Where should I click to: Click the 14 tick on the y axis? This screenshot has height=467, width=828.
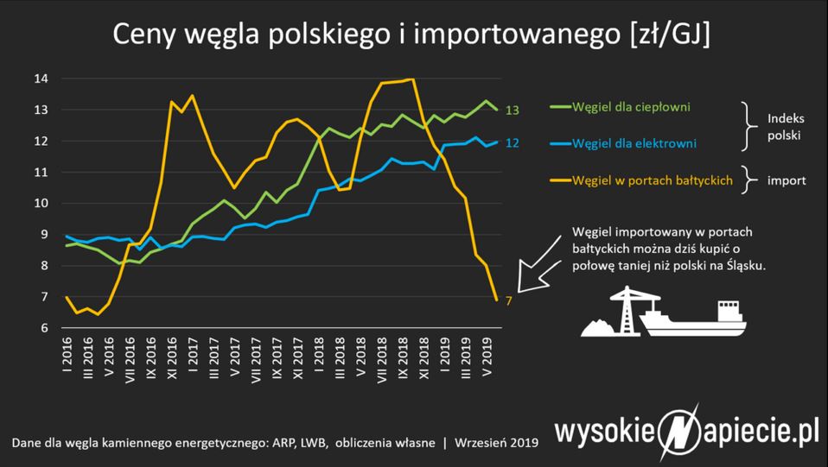pos(41,79)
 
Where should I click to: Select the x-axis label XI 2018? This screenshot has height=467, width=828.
pos(424,360)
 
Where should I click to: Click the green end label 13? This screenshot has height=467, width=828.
pos(512,110)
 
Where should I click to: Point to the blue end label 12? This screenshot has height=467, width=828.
pos(512,142)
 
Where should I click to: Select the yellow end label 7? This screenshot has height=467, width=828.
pos(509,300)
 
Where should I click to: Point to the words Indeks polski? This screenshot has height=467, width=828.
pos(784,125)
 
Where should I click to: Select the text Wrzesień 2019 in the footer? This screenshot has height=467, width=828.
pos(496,443)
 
